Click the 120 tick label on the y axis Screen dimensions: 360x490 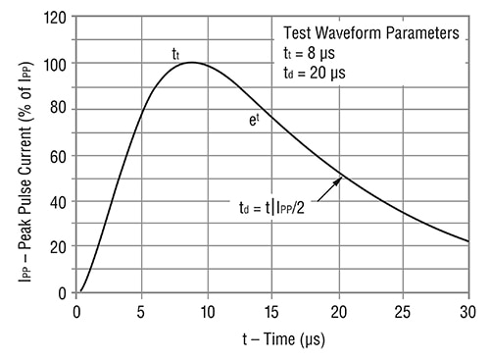coord(58,18)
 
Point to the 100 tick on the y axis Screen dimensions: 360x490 coord(58,64)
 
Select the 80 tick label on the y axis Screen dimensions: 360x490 coord(61,110)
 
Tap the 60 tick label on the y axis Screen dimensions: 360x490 coord(61,155)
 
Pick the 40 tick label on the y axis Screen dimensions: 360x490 coord(61,201)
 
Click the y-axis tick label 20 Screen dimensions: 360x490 coord(61,246)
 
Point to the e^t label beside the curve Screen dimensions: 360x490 coord(254,119)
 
